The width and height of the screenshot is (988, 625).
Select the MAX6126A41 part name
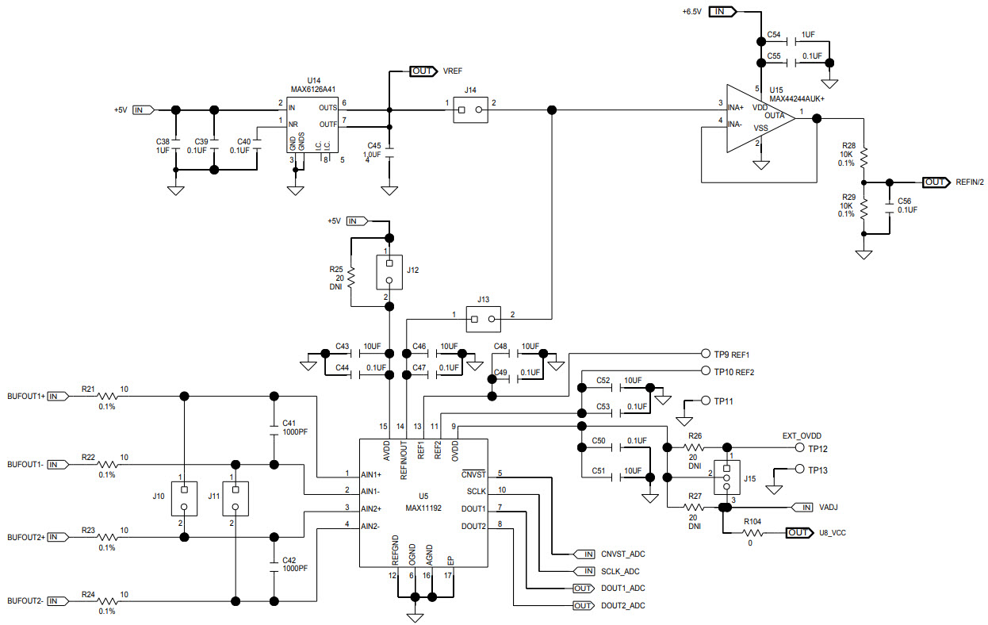pos(312,90)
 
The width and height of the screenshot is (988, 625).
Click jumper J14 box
pos(470,110)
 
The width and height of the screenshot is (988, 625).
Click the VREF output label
pos(452,71)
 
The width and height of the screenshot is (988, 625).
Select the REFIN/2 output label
pos(969,182)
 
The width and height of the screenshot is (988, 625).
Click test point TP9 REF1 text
pos(731,354)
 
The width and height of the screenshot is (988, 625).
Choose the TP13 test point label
pos(818,470)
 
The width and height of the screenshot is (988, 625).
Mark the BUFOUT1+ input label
pos(26,396)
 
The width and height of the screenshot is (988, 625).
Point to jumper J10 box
pos(183,498)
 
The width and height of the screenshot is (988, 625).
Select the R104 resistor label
pos(752,521)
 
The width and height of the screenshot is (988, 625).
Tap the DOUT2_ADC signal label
pos(622,606)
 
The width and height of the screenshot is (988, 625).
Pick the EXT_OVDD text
pos(802,435)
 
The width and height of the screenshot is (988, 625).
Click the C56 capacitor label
pos(904,201)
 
